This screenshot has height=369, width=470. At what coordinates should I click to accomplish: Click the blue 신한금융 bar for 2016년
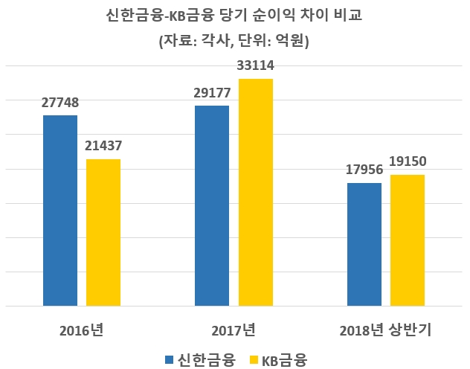click(x=60, y=211)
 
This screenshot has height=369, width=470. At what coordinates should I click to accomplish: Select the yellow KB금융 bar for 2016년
click(x=103, y=232)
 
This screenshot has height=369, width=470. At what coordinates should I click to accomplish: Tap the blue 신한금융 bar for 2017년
click(x=212, y=205)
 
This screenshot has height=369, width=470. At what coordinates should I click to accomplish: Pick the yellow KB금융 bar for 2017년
click(x=255, y=192)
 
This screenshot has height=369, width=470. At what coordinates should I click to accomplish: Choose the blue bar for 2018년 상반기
click(x=364, y=244)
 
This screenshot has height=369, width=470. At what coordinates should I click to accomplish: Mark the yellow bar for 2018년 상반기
click(x=408, y=240)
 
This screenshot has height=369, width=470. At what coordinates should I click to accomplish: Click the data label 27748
click(x=60, y=103)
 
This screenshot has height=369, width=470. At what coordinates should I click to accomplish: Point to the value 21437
click(x=103, y=147)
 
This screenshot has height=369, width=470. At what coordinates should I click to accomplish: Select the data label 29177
click(x=212, y=93)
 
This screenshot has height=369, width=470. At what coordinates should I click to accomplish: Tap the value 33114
click(x=255, y=65)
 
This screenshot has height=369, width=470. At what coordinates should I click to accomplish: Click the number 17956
click(x=364, y=170)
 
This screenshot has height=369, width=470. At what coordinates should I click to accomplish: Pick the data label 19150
click(x=408, y=162)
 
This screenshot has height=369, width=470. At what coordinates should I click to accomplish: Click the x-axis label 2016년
click(x=82, y=330)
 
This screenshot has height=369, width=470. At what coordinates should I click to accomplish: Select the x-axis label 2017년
click(x=234, y=330)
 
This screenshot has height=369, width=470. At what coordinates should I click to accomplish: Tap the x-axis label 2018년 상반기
click(x=386, y=330)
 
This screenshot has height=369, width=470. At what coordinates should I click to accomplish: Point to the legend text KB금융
click(x=283, y=361)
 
